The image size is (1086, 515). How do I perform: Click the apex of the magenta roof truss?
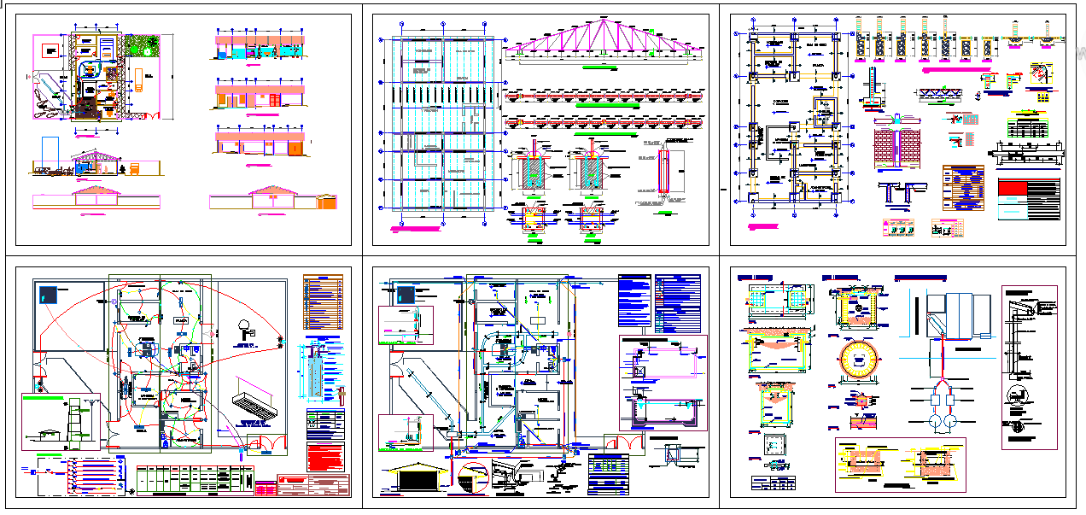point(604,19)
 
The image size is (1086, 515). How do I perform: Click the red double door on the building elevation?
point(274,100)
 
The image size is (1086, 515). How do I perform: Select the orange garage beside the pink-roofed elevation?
point(327,202)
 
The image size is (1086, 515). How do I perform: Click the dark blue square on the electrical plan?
point(48,295)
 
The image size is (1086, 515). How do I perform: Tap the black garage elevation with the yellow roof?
point(418,476)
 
